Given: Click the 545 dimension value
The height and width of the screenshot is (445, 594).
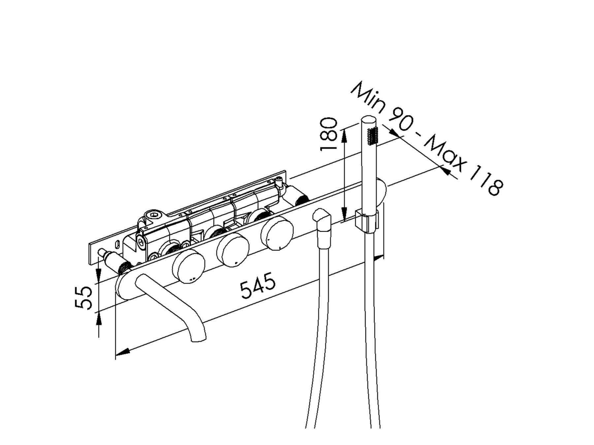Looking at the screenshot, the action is tap(258, 285).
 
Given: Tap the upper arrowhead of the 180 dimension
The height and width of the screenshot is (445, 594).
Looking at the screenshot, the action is tap(344, 135).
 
